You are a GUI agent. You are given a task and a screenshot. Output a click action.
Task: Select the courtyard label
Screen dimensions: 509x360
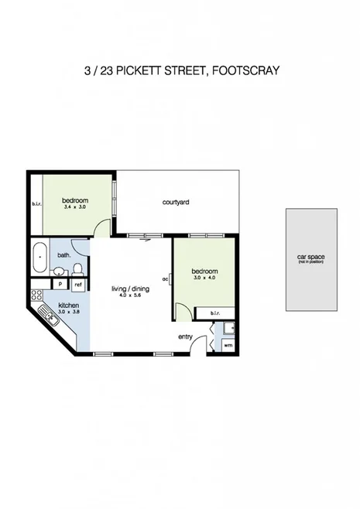pos(176,202)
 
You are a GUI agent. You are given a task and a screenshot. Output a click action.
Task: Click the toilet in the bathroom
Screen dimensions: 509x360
pos(77,268)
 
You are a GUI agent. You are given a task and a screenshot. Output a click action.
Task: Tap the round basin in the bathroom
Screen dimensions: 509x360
pos(59,271)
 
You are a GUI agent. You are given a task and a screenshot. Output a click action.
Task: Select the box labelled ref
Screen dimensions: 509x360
pos(77,285)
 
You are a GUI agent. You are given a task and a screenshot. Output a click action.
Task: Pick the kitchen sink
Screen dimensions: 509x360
pos(48,314)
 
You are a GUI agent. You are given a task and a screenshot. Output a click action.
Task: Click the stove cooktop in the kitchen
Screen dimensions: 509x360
pos(35,295)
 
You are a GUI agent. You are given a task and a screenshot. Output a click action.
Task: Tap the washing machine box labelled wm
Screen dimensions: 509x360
pos(227,345)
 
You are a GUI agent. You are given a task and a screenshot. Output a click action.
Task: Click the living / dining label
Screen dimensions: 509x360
pos(129,289)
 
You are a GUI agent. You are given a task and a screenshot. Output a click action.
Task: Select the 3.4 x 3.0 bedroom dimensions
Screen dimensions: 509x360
pos(76,207)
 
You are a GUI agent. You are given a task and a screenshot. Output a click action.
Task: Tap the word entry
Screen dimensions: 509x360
pos(185,336)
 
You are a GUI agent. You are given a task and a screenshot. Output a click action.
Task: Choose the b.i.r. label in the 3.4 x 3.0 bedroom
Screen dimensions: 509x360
pos(36,204)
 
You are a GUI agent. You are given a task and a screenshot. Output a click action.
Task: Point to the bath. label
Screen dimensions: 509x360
pos(65,254)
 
